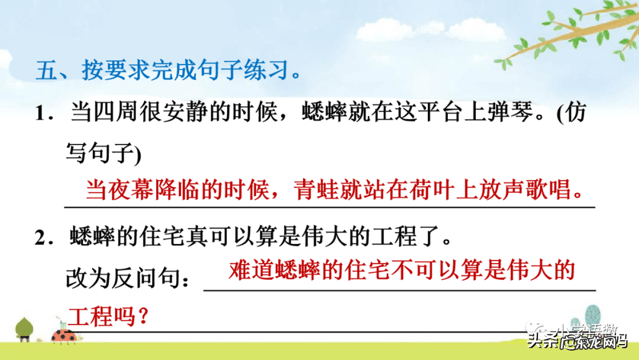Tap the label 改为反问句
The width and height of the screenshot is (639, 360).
[x=128, y=278]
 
